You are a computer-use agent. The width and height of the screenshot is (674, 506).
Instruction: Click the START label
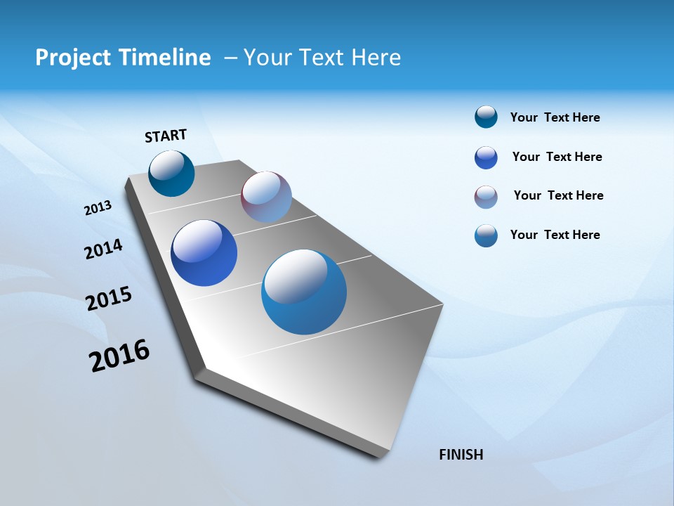(166, 135)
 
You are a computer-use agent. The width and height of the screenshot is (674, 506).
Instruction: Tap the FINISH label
(461, 454)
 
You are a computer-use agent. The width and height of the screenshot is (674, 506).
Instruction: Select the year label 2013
(98, 207)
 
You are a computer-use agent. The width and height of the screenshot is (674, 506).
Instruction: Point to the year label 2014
(103, 249)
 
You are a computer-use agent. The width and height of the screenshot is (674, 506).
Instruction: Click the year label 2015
(109, 299)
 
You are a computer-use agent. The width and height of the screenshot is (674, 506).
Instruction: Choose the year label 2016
(119, 355)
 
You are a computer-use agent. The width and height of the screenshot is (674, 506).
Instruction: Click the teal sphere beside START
(171, 174)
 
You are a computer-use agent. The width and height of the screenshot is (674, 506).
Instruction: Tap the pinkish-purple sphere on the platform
(266, 197)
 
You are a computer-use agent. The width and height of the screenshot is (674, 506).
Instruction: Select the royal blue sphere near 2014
(204, 253)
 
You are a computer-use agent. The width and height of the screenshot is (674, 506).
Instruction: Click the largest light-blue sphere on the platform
(304, 292)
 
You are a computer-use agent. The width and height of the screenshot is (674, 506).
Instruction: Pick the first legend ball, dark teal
(486, 117)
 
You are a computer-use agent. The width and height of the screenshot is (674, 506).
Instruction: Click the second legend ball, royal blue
(486, 157)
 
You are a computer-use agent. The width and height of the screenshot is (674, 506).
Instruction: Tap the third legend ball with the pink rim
(486, 197)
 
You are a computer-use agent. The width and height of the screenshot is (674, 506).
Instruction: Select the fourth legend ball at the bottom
(486, 235)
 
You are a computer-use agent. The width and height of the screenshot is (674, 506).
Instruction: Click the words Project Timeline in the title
(123, 57)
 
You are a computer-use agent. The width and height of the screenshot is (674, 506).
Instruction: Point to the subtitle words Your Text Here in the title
(322, 57)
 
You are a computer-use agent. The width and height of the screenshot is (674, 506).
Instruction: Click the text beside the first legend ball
(555, 117)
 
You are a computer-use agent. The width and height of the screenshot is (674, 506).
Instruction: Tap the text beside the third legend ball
(558, 195)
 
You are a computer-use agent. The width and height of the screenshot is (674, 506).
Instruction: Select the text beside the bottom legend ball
(555, 235)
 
